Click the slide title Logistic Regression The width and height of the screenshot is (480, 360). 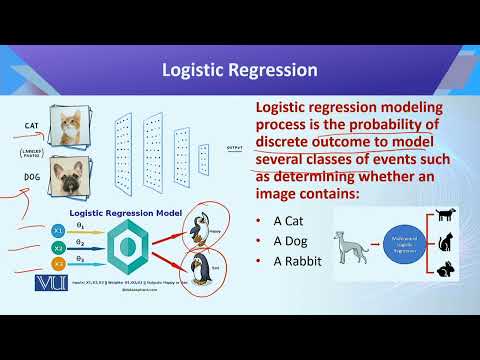point(240,70)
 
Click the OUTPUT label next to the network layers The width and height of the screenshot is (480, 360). point(235,147)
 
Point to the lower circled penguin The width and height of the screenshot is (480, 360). point(203,268)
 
